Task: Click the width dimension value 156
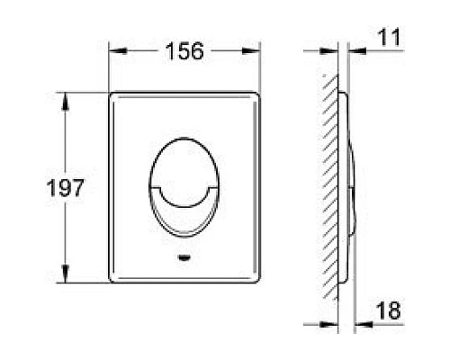(x=184, y=51)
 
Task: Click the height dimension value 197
(x=66, y=188)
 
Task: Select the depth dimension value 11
(x=389, y=37)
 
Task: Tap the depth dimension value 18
(x=388, y=310)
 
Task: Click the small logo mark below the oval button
(x=184, y=257)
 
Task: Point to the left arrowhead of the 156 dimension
(x=118, y=51)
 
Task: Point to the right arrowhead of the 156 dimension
(x=251, y=51)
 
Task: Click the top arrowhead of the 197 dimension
(x=66, y=102)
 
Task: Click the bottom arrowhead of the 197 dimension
(x=66, y=274)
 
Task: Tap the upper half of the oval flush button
(x=184, y=162)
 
